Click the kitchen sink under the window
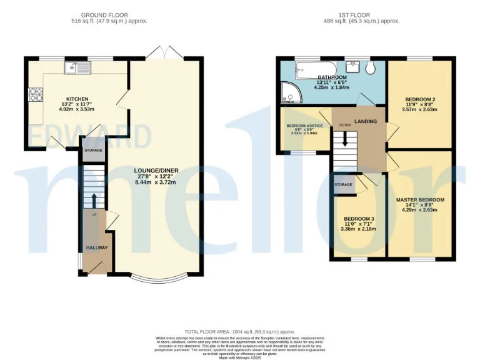71,67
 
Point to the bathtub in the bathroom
311,71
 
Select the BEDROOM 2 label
420,99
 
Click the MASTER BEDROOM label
420,200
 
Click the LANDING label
366,121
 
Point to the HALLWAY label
97,247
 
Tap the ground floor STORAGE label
94,151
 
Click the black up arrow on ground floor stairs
94,200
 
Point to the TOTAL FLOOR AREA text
240,331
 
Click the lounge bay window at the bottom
155,279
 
